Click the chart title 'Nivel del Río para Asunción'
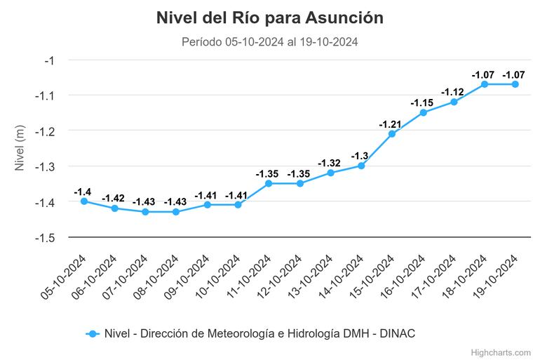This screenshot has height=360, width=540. [270, 18]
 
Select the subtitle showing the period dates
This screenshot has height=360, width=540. [270, 42]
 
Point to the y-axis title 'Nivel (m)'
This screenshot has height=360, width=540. [20, 148]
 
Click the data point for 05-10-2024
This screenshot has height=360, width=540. [84, 201]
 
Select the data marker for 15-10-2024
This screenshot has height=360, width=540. [392, 133]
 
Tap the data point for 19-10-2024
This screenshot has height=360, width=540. [515, 84]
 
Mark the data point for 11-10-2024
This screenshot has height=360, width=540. [269, 183]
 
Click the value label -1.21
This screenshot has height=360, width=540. [391, 124]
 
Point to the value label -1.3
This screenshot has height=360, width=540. [360, 156]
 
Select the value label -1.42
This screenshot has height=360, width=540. [114, 199]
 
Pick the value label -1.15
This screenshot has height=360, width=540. [422, 103]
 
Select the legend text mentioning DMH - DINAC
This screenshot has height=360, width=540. [259, 334]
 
